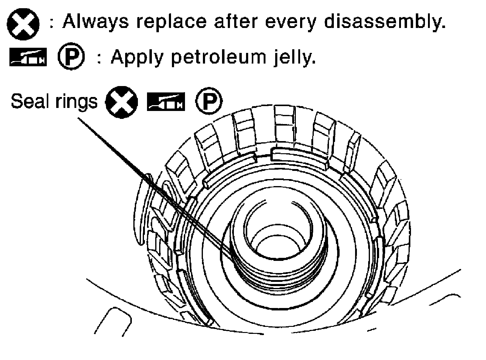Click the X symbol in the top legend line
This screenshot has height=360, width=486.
click(23, 24)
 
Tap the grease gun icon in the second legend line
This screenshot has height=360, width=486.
click(28, 57)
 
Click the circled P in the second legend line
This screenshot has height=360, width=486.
click(71, 57)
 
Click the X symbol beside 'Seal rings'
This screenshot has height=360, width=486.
click(121, 102)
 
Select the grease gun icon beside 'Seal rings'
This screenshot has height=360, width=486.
click(166, 102)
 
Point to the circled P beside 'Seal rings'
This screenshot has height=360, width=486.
click(208, 101)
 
